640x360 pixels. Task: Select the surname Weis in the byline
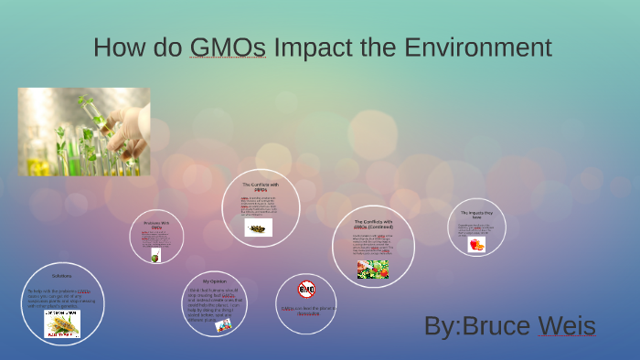click(567, 326)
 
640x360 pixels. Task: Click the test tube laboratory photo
click(84, 132)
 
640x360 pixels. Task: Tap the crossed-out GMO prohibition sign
click(306, 290)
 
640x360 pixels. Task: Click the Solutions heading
click(62, 275)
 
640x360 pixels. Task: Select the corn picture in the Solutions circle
click(62, 323)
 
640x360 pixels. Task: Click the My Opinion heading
click(214, 281)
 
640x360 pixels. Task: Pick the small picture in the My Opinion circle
click(223, 324)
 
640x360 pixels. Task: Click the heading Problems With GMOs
click(156, 225)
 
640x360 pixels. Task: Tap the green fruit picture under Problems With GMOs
click(156, 256)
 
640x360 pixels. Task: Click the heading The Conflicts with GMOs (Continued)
click(373, 224)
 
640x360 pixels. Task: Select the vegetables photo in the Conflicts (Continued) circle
click(373, 269)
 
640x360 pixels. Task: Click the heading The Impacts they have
click(476, 215)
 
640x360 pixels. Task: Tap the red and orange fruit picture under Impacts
click(476, 244)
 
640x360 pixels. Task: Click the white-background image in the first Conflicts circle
click(259, 227)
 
